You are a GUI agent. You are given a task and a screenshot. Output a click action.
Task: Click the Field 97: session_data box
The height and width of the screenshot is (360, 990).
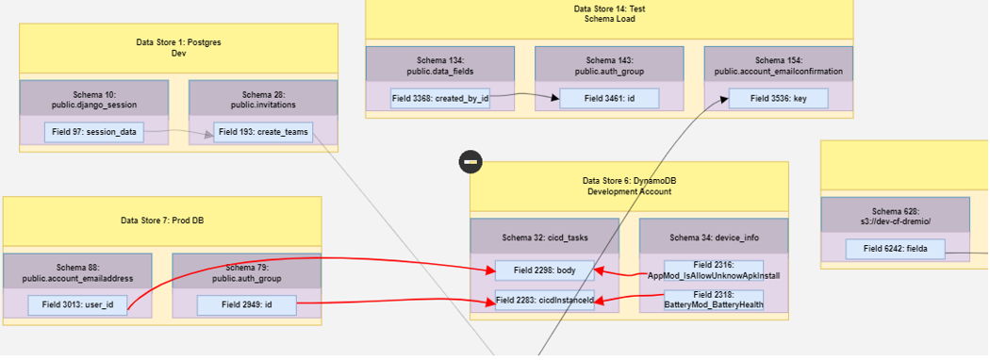point(93,133)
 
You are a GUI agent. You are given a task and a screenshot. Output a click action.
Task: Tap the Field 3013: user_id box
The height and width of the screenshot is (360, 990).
point(77,305)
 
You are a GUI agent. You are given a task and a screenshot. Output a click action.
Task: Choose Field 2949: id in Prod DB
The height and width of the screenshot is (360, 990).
point(246,305)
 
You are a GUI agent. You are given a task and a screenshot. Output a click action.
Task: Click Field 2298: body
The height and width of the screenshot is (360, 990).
point(544,270)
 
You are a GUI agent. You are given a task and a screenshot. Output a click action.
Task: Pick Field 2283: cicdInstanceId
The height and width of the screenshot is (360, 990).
point(544,302)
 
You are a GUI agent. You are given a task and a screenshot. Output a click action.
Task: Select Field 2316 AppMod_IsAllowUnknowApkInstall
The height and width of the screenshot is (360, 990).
point(714,270)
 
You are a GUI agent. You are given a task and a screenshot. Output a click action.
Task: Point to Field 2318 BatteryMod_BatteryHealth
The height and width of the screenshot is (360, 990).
point(714,301)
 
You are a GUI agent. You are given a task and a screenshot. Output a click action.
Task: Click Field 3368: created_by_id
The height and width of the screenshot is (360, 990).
point(440,98)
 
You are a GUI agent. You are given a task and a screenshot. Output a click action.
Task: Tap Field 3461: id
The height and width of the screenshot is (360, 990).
point(609,98)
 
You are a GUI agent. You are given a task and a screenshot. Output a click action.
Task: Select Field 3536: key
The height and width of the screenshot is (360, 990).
point(778,98)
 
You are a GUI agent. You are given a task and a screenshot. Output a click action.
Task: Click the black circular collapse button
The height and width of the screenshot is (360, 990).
point(471,162)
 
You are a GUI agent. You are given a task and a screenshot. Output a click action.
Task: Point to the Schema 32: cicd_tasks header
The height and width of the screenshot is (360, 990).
point(544,237)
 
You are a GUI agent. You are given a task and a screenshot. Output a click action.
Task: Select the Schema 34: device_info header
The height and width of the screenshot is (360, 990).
point(714,237)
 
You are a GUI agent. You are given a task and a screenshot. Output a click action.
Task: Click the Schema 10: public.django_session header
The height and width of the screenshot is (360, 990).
point(93,100)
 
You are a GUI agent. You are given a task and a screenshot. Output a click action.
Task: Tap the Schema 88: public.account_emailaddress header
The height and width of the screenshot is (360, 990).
point(77,272)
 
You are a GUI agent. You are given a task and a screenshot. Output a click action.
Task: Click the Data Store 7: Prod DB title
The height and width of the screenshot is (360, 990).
point(162,221)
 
